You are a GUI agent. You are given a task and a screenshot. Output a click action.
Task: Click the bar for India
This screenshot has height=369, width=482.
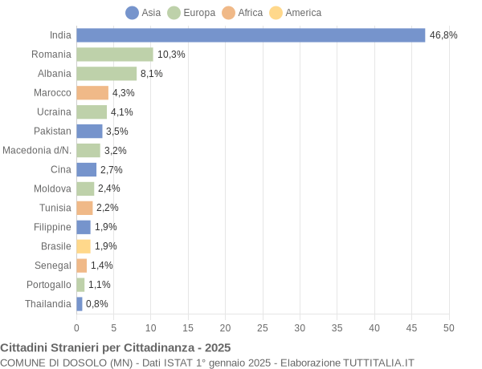pos(251,35)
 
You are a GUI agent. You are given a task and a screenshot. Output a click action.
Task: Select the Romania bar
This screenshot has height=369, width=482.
pos(115,55)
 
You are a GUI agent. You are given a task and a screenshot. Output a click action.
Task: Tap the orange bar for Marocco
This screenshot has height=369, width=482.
pos(92,93)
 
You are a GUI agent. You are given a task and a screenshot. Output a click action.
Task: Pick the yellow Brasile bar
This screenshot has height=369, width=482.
pos(84,246)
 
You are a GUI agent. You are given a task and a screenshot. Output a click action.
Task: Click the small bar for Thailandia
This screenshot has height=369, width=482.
pos(80,304)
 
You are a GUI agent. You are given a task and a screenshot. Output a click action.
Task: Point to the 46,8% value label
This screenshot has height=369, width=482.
pos(443,35)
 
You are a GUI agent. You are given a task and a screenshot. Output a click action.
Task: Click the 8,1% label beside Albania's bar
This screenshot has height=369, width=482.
pos(152,74)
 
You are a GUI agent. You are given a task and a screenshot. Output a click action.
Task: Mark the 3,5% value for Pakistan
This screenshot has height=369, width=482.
pos(117,132)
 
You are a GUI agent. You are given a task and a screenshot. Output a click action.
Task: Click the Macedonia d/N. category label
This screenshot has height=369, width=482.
pos(37,150)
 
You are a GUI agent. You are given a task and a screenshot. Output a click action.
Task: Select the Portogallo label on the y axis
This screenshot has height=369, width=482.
pos(49,285)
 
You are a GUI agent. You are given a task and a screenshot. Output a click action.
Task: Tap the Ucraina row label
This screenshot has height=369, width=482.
pos(53,112)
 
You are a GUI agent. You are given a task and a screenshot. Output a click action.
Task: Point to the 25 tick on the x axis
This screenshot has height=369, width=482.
pos(263,328)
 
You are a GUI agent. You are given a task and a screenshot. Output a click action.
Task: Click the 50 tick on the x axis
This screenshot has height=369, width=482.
pos(448,328)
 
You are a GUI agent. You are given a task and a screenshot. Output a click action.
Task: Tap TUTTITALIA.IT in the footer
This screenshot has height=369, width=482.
pos(378,363)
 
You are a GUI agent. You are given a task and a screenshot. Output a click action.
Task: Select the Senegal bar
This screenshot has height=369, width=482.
pos(82,266)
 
